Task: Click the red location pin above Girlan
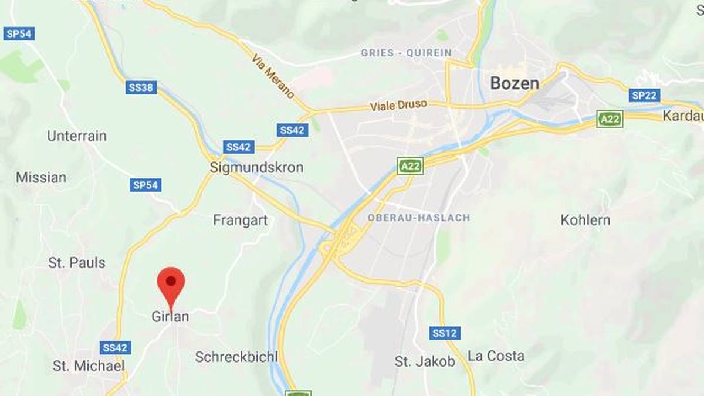pos(171,283)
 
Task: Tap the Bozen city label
pos(514,83)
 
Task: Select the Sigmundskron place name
pos(256,168)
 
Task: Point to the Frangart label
pos(240,220)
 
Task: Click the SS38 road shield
pos(141,88)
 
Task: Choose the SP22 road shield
pos(644,95)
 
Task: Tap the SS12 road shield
pos(445,333)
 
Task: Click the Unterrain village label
pos(77,136)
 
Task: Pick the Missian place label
pos(41,177)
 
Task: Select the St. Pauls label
pos(77,262)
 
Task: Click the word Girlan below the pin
pos(170,317)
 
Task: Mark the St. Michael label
pos(89,366)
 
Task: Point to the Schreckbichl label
pos(236,357)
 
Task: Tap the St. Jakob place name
pos(425,362)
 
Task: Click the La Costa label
pos(496,356)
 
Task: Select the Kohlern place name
pos(585,220)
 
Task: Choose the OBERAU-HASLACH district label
pos(419,218)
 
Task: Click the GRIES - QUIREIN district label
pos(406,53)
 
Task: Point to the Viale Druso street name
pos(398,106)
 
